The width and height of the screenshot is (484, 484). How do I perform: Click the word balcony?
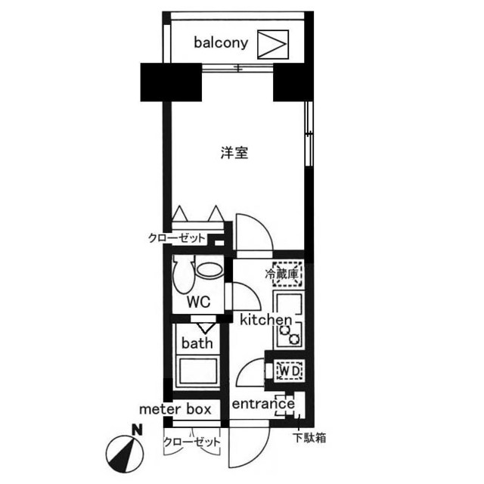pyautogui.click(x=221, y=43)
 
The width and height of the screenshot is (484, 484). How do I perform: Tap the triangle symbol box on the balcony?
pyautogui.click(x=273, y=43)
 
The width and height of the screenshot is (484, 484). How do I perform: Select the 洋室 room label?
pyautogui.click(x=234, y=152)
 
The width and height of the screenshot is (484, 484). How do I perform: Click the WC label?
pyautogui.click(x=198, y=301)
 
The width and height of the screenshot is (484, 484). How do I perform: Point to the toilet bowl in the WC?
pyautogui.click(x=181, y=276)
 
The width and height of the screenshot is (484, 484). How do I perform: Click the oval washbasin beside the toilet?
pyautogui.click(x=209, y=270)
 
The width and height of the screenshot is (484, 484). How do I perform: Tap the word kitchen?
pyautogui.click(x=265, y=320)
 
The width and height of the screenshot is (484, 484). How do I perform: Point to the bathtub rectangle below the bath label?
pyautogui.click(x=198, y=373)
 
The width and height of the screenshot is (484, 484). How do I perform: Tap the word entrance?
pyautogui.click(x=263, y=404)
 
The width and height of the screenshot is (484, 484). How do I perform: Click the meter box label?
pyautogui.click(x=175, y=409)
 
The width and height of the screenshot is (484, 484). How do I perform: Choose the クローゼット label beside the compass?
pyautogui.click(x=192, y=441)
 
